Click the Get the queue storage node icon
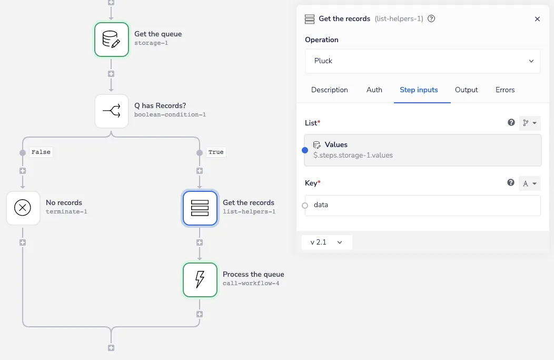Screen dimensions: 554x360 (111, 40)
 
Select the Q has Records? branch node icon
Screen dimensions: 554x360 (111, 111)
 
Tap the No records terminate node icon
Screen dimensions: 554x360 (23, 208)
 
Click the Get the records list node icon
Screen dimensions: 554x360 (200, 208)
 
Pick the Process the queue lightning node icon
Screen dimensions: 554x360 (200, 280)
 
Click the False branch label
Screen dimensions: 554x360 (41, 152)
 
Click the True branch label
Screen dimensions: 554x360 (216, 152)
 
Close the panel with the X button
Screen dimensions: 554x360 (537, 19)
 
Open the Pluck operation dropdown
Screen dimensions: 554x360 (422, 61)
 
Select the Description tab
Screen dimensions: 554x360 (329, 90)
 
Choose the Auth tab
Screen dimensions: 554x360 (374, 90)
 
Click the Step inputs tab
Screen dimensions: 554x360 (419, 90)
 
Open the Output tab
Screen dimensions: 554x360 (467, 90)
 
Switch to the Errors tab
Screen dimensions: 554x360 (505, 90)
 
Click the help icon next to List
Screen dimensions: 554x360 (511, 122)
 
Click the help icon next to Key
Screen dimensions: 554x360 (510, 182)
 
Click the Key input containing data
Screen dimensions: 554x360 (422, 206)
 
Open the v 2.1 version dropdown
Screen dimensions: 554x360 (327, 242)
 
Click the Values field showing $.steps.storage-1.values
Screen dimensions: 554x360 (422, 150)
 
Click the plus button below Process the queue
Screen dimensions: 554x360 (200, 314)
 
